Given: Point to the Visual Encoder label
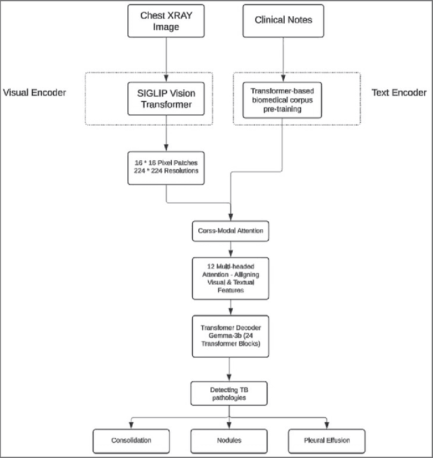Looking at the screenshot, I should (x=35, y=93).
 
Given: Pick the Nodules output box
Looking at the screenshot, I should (x=231, y=440).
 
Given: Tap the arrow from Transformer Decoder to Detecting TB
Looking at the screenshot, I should (x=231, y=369).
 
